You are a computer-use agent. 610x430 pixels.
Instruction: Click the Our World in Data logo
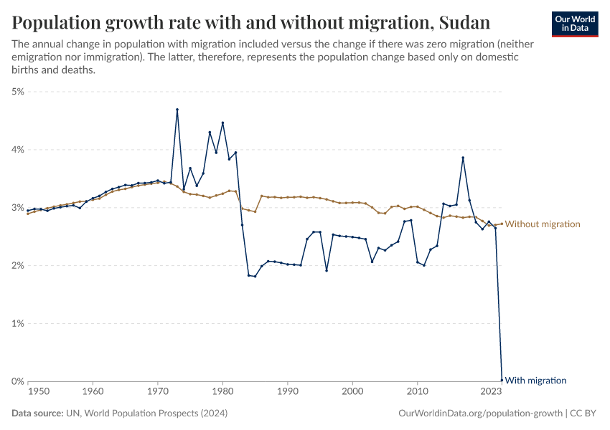[x=575, y=24]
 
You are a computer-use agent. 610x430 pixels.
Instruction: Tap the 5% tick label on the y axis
[x=18, y=92]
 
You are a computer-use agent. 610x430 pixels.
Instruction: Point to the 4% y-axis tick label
[x=18, y=150]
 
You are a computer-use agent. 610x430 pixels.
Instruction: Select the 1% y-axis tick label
[x=18, y=323]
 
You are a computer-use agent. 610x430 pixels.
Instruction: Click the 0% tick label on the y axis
[x=18, y=381]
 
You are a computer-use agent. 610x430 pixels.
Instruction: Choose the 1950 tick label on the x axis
[x=39, y=392]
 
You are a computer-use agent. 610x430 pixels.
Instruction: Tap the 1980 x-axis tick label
[x=222, y=392]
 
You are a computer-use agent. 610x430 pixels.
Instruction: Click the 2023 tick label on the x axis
[x=491, y=392]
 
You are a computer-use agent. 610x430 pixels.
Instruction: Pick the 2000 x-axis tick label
[x=352, y=392]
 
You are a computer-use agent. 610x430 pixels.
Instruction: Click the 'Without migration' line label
[x=543, y=224]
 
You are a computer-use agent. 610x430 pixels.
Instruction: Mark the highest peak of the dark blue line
[x=177, y=110]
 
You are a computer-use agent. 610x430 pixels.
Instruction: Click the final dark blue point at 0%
[x=502, y=381]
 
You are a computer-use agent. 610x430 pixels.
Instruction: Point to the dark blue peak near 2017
[x=463, y=158]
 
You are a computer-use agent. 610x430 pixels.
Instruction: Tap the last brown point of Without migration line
[x=502, y=224]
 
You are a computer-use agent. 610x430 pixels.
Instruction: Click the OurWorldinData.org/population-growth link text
[x=479, y=414]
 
